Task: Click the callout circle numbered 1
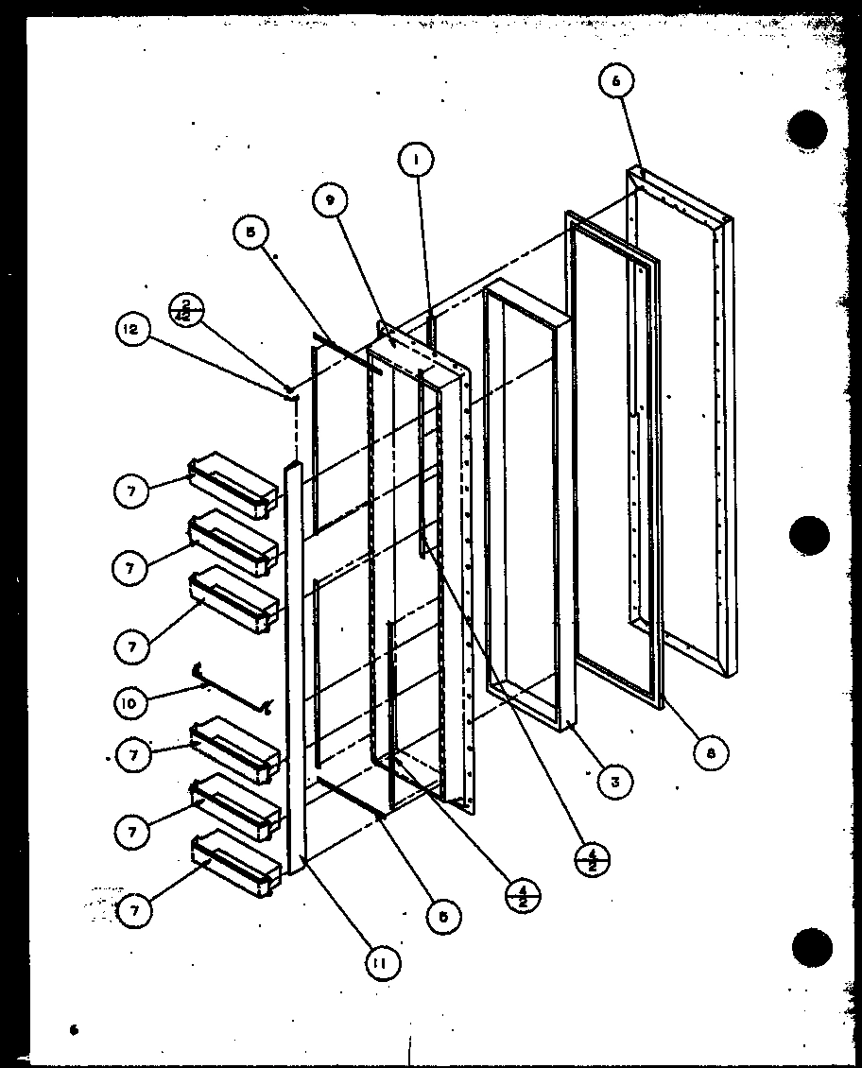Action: point(414,161)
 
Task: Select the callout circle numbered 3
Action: point(614,781)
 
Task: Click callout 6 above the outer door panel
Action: point(615,82)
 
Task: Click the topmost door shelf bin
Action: point(234,486)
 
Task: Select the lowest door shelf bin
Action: point(236,865)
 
